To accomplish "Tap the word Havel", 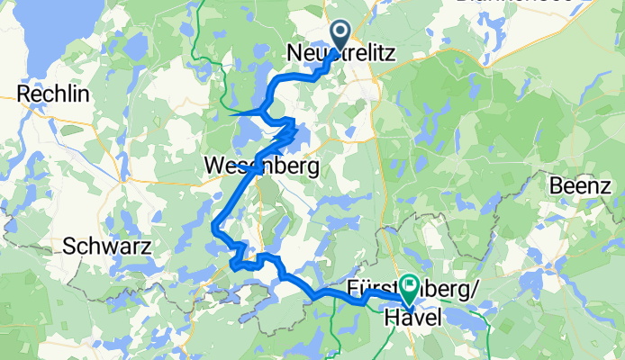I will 411,316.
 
